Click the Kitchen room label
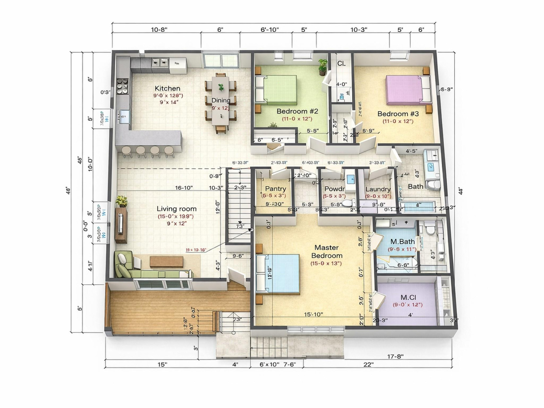click(167, 88)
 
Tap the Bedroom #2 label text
click(297, 111)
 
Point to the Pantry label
click(275, 189)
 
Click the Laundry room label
click(378, 189)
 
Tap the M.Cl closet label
click(408, 297)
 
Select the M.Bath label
click(402, 242)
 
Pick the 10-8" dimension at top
click(159, 29)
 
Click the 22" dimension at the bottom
click(368, 364)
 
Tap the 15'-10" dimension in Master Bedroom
click(313, 314)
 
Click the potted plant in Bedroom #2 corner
click(323, 67)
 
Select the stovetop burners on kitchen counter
click(122, 86)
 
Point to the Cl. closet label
click(341, 64)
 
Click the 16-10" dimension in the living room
click(184, 188)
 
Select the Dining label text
click(221, 100)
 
